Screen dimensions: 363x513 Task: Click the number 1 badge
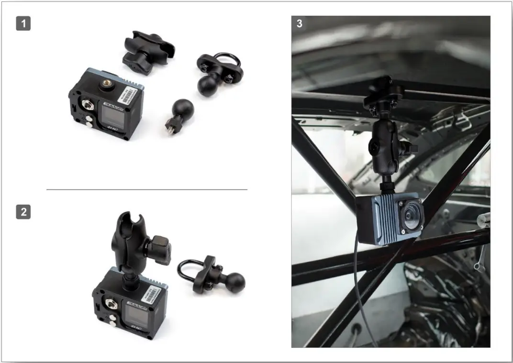tap(23, 23)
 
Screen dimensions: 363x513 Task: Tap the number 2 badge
tap(23, 211)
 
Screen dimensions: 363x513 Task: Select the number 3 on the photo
tap(300, 23)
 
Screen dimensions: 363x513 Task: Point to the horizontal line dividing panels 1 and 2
tap(146, 190)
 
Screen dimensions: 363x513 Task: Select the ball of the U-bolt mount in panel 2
tap(235, 283)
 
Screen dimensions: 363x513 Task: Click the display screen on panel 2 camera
tap(135, 314)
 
